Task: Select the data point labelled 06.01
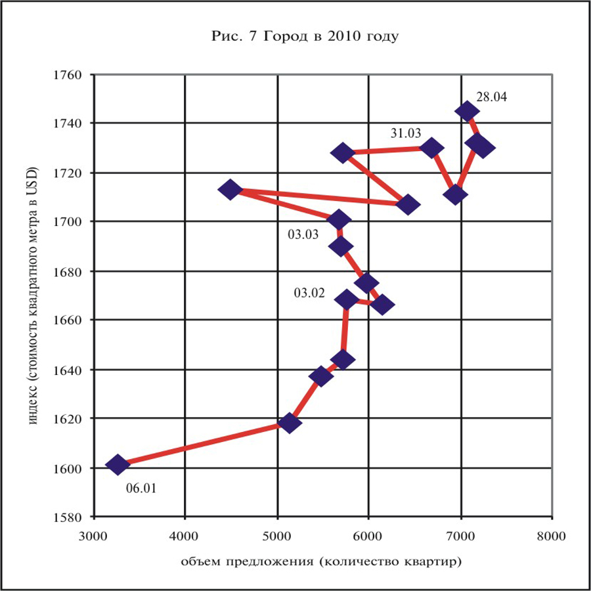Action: tap(118, 465)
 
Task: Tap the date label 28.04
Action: tap(492, 97)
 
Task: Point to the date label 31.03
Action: tap(405, 133)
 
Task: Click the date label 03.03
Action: tap(303, 233)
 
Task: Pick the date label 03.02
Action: tap(309, 293)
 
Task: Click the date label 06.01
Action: tap(141, 489)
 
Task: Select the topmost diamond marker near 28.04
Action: tap(467, 111)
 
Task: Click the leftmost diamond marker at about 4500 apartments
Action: tap(230, 190)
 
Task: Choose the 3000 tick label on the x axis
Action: tap(94, 536)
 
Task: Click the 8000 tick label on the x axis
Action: tap(552, 536)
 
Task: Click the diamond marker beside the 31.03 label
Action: tap(431, 148)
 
